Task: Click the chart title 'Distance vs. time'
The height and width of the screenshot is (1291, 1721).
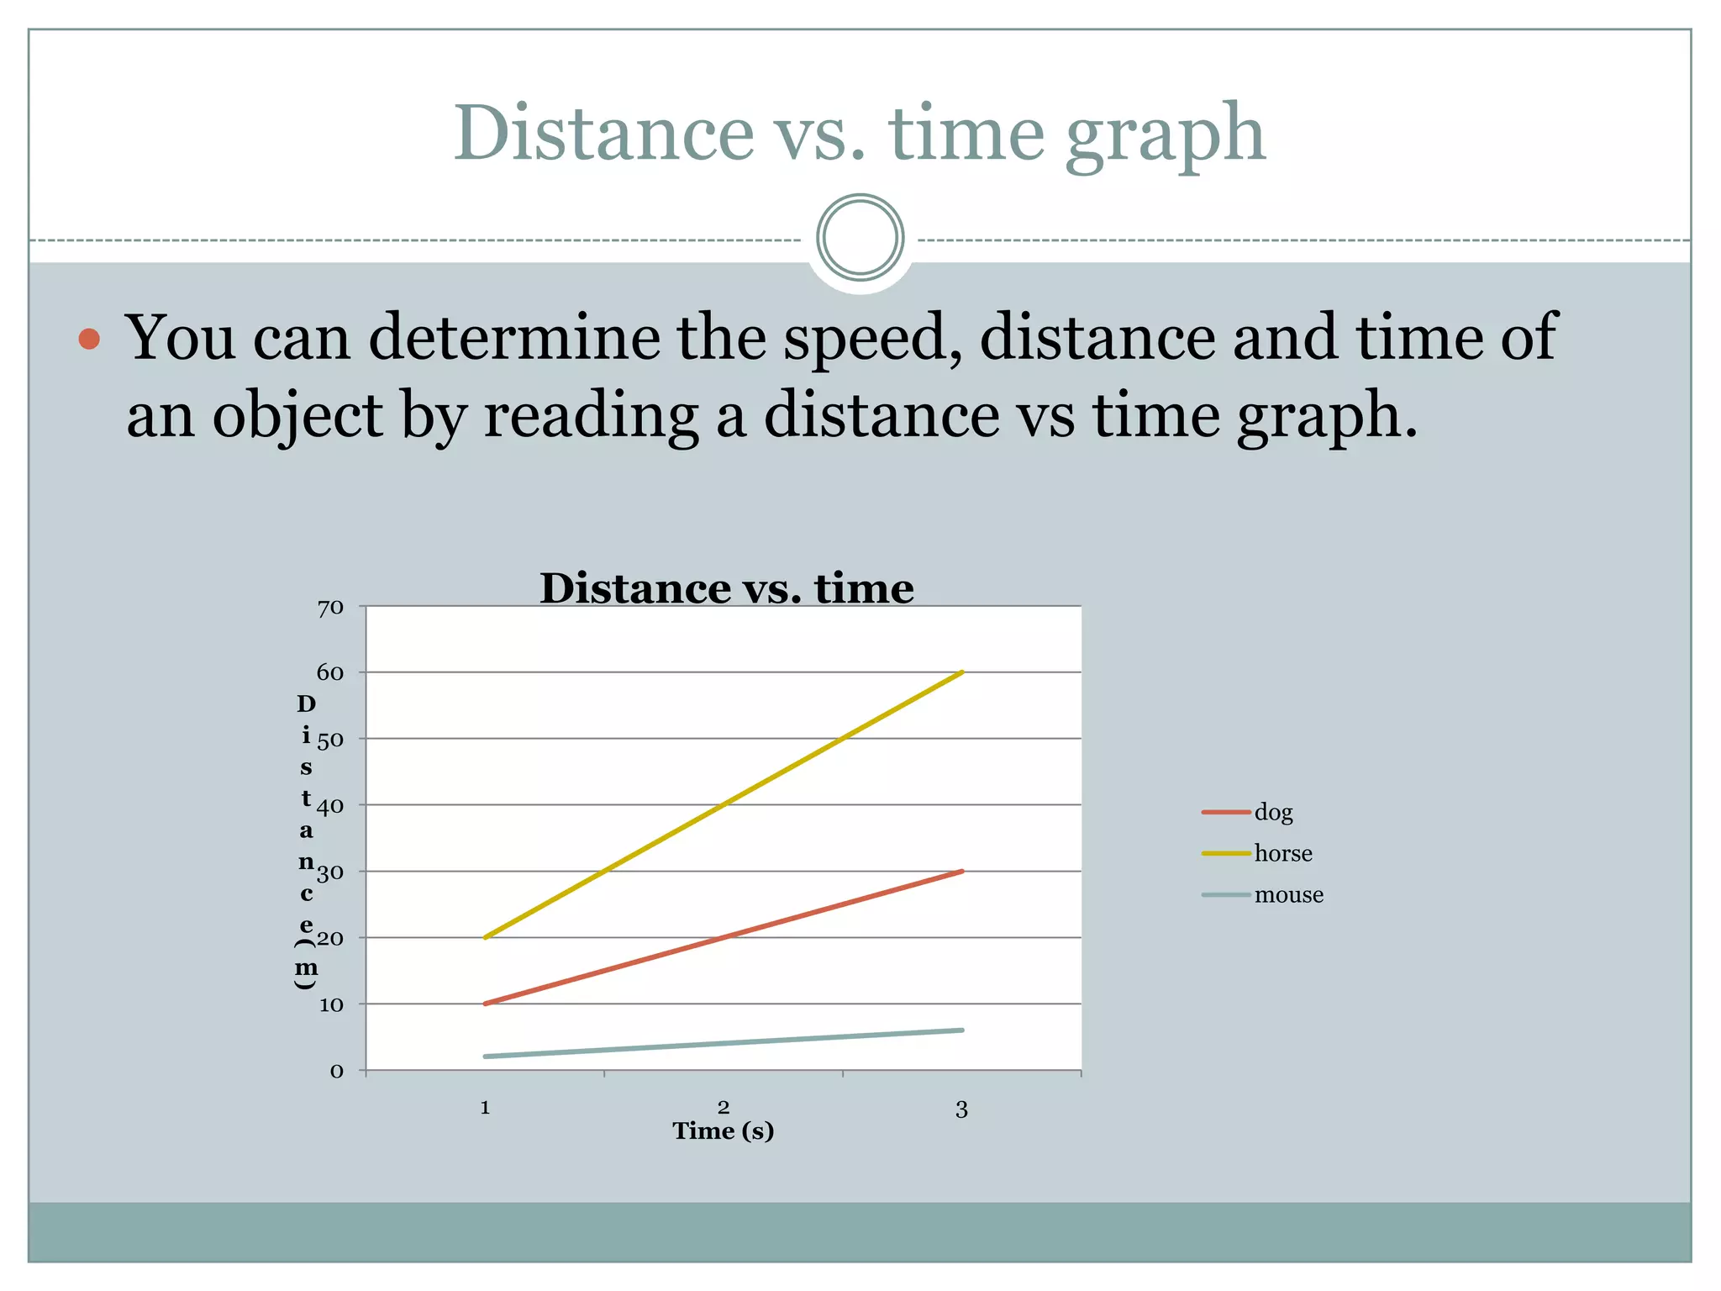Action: point(726,588)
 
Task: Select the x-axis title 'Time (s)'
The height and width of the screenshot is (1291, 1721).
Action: point(723,1131)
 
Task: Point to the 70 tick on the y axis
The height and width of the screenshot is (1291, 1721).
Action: point(330,608)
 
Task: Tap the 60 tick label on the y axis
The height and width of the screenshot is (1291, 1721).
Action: point(330,673)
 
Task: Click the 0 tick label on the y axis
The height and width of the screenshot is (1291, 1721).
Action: point(336,1072)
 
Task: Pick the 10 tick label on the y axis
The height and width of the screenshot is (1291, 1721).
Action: point(331,1005)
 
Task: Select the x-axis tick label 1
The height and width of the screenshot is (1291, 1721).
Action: point(485,1109)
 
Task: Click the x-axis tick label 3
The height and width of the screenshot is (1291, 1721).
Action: point(962,1110)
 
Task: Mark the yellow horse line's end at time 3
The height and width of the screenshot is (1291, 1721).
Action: point(962,672)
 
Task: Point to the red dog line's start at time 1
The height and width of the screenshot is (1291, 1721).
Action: point(486,1004)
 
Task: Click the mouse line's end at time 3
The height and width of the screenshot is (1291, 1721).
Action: point(962,1030)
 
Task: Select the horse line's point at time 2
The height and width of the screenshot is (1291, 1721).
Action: point(724,805)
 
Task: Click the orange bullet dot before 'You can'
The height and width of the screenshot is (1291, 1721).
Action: point(89,340)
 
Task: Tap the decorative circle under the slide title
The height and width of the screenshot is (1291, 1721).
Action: point(860,238)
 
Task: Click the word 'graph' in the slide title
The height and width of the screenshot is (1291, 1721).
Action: point(1165,134)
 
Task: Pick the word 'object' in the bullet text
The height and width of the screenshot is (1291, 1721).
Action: point(297,416)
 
